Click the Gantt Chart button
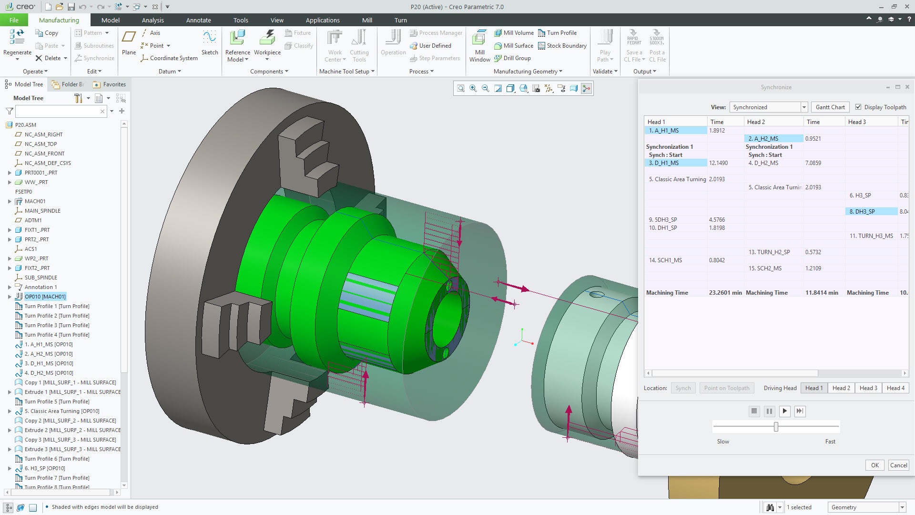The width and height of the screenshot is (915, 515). click(830, 107)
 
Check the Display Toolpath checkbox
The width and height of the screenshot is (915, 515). click(858, 107)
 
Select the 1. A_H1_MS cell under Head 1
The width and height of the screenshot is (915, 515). click(675, 130)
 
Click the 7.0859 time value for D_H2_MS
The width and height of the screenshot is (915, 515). click(813, 163)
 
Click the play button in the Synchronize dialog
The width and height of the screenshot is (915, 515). click(784, 411)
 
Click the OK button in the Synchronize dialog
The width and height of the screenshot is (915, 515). click(875, 465)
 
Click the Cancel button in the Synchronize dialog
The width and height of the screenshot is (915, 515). click(899, 465)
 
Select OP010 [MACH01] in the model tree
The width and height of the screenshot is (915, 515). click(45, 297)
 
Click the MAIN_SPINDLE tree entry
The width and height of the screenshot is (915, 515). click(42, 211)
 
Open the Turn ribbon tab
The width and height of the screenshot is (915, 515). click(400, 20)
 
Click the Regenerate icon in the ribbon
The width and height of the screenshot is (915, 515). click(17, 37)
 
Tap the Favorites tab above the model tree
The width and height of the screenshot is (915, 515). click(110, 84)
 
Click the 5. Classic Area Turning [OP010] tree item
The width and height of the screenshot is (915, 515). click(62, 411)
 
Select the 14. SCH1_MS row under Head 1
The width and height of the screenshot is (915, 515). click(665, 260)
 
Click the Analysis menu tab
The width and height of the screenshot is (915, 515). click(152, 20)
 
